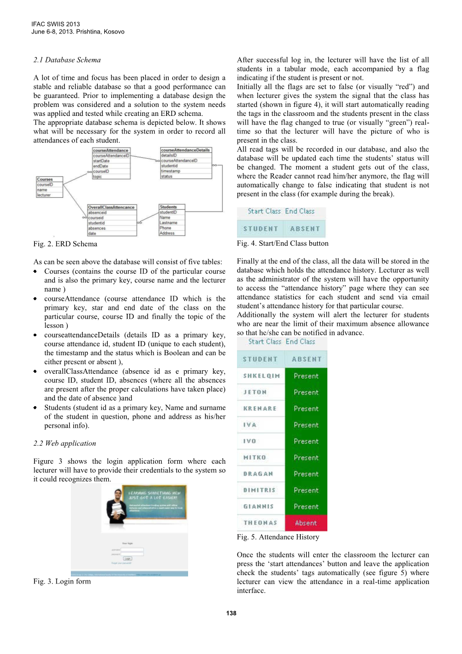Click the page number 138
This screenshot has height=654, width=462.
(231, 613)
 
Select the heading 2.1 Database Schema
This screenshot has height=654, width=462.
(67, 60)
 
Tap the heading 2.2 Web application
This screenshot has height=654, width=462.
(64, 443)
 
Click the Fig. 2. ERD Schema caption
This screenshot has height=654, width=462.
(65, 244)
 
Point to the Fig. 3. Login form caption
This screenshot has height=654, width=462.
(62, 581)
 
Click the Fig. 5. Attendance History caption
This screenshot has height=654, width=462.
(278, 537)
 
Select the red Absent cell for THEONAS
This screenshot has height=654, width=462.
(305, 523)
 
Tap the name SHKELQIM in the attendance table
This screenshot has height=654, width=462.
(261, 376)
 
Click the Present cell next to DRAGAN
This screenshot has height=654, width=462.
(305, 474)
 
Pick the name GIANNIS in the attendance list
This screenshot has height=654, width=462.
(258, 507)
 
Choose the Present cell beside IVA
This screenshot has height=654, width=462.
(305, 425)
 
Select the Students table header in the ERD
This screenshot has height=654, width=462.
(168, 207)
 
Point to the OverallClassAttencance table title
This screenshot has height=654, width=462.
(111, 207)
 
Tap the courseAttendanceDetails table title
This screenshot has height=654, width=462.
(185, 150)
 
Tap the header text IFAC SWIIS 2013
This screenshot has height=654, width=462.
(55, 24)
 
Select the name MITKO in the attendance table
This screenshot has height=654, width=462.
(254, 458)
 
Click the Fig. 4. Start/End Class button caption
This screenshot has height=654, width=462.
(282, 243)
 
